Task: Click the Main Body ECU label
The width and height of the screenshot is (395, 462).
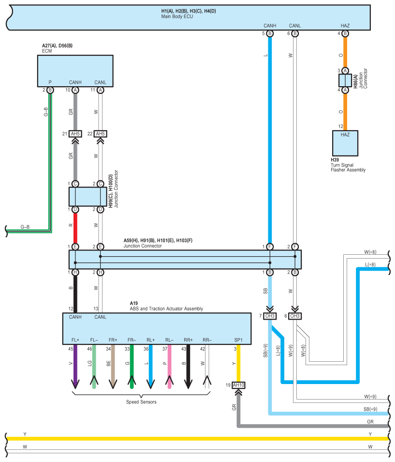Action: click(x=177, y=16)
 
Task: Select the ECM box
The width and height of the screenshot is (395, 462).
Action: click(x=75, y=71)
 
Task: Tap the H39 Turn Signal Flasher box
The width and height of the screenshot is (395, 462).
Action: click(x=345, y=143)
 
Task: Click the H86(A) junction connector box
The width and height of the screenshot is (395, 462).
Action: click(x=345, y=80)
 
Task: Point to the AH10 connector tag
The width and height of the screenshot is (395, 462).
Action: click(x=238, y=385)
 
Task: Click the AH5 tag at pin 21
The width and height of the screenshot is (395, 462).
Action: click(x=75, y=134)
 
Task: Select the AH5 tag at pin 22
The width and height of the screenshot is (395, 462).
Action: click(x=100, y=134)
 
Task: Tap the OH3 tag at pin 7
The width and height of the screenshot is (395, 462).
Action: click(x=270, y=316)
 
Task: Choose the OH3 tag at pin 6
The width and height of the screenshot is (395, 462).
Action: click(x=295, y=316)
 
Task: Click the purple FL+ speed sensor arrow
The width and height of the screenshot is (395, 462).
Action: click(x=75, y=367)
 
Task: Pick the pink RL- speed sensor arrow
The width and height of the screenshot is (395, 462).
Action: click(x=169, y=367)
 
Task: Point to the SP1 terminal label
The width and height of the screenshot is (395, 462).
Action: click(x=238, y=340)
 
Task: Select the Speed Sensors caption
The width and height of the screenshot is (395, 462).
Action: click(x=141, y=402)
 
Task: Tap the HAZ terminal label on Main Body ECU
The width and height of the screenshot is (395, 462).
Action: click(x=345, y=26)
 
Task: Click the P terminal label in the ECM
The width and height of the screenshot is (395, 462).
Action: click(x=50, y=82)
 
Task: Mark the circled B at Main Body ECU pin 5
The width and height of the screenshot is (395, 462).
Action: click(x=270, y=33)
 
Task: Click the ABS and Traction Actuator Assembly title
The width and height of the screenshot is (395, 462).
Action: click(x=166, y=308)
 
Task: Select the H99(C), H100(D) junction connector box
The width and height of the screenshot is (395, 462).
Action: click(x=88, y=197)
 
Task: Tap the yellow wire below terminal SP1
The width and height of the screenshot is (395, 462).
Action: click(x=238, y=363)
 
